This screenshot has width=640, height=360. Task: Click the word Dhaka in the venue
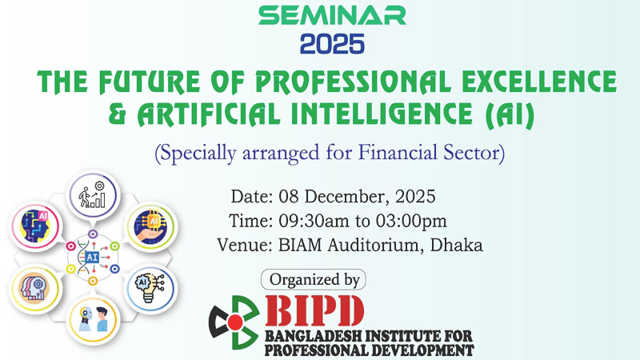click(457, 245)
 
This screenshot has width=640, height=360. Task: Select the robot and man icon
click(90, 318)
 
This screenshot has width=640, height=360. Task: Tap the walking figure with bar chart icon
click(90, 193)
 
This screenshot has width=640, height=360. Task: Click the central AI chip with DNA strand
click(90, 255)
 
